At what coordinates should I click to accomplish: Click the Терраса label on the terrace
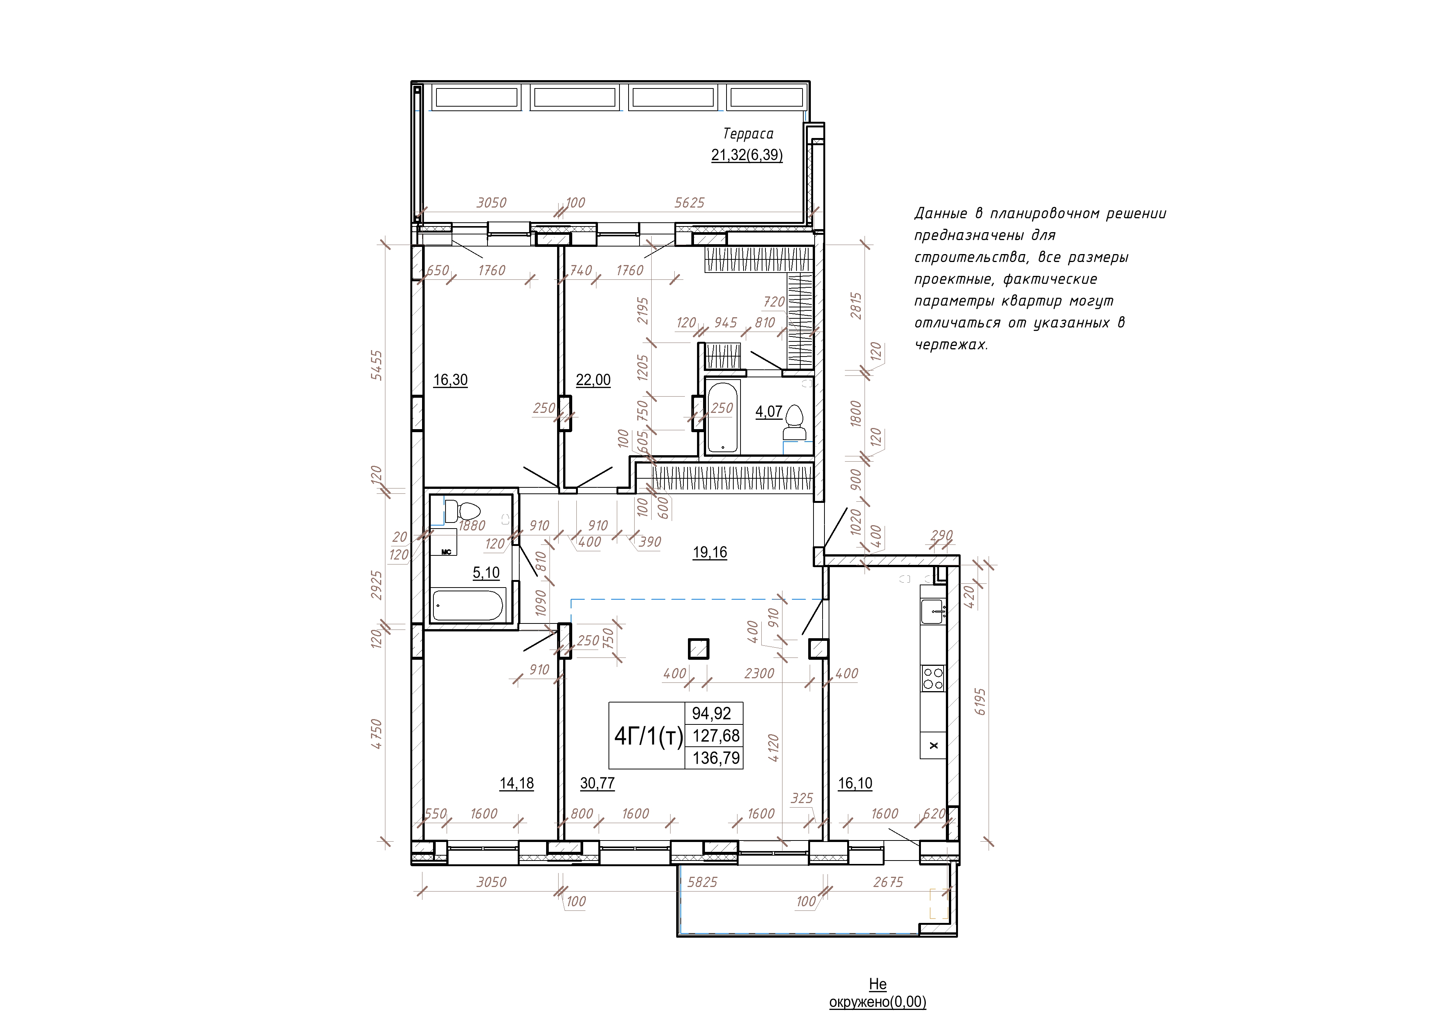748,134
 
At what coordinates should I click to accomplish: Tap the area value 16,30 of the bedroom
450,380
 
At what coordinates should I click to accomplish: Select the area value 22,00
593,380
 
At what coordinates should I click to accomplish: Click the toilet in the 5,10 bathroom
463,510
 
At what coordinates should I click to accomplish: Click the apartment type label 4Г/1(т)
649,736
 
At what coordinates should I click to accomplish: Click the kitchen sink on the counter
933,611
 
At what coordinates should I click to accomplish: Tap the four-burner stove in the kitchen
933,678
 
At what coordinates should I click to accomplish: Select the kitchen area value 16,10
855,783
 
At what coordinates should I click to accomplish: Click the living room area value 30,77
598,783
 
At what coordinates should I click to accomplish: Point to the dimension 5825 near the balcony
702,882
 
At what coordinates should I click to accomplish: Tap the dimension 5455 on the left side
376,365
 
